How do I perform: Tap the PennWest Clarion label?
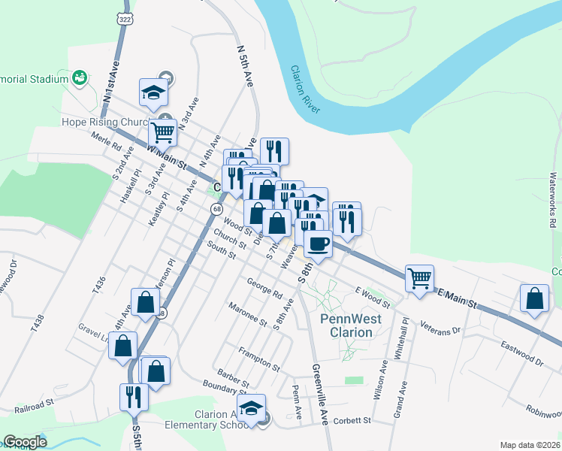pos(351,325)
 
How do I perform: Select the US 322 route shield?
pos(125,17)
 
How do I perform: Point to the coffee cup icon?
pos(317,244)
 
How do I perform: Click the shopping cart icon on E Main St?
pos(419,278)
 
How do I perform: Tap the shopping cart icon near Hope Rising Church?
pos(162,132)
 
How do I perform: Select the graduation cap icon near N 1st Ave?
pos(153,92)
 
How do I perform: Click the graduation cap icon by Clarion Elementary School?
pos(252,407)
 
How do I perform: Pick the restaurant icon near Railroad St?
pos(134,396)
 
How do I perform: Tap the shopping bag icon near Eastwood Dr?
pos(533,298)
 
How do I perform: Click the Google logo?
pos(25,442)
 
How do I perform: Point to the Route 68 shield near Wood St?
pos(216,208)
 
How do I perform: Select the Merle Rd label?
pos(106,143)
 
